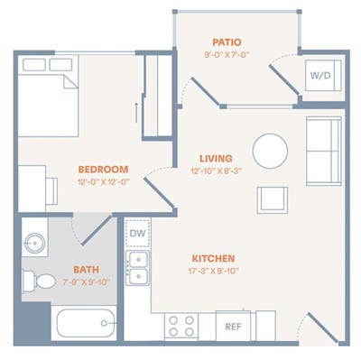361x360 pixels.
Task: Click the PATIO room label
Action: tap(227, 42)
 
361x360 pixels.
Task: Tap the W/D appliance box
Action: tap(320, 76)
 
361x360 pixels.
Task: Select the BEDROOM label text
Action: tap(103, 169)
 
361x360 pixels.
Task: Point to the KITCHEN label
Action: tap(213, 258)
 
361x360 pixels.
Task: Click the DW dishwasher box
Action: tap(138, 234)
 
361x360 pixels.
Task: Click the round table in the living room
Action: tap(270, 151)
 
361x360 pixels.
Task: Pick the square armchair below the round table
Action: tap(272, 198)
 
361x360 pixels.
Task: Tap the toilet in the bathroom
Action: tap(41, 281)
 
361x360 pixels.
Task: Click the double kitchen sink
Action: tap(138, 268)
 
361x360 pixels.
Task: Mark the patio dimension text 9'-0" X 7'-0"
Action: tap(227, 55)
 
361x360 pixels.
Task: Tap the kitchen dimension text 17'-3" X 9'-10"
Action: tap(213, 272)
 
